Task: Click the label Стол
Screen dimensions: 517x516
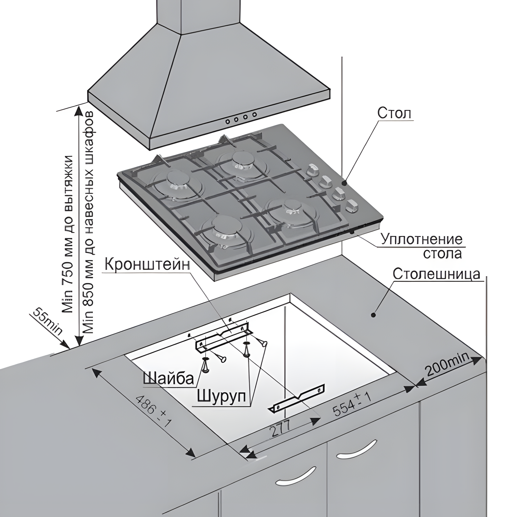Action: click(394, 113)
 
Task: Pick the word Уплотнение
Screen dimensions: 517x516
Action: click(422, 239)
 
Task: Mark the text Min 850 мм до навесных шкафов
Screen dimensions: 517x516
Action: click(89, 222)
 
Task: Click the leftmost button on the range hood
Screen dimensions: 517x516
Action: click(228, 121)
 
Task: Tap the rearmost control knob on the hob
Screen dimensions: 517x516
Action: click(311, 170)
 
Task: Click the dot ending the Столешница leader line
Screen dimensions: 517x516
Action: click(373, 315)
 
